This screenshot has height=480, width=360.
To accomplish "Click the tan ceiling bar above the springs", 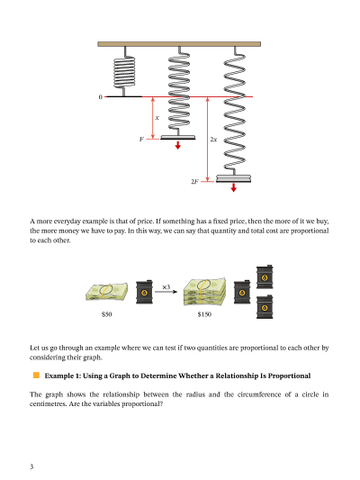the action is tap(179, 44).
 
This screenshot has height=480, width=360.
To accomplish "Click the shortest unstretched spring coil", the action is tap(124, 71).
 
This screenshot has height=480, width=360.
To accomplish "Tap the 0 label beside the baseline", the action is tap(100, 97).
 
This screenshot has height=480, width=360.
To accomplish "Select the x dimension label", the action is tap(157, 118).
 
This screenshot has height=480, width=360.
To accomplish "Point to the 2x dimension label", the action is tap(213, 140).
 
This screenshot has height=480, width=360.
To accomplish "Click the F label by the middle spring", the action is tap(141, 139).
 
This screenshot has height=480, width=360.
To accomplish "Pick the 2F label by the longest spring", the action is tap(194, 182).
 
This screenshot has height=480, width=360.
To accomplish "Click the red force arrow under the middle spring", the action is tap(177, 145).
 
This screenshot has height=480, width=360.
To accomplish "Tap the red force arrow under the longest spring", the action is tap(234, 187).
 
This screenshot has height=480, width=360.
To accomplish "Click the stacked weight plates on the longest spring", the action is tap(233, 178).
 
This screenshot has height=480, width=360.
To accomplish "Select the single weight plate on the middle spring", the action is tap(177, 137).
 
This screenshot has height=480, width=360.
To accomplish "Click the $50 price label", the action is tap(107, 314).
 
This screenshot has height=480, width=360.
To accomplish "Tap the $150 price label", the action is tap(204, 314).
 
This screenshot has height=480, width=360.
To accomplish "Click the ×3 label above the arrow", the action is tap(166, 287).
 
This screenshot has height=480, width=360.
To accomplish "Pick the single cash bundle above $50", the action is tap(106, 291).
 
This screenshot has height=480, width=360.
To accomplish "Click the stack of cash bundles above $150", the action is tap(204, 292).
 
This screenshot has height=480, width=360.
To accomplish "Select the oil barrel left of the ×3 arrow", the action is tap(144, 292).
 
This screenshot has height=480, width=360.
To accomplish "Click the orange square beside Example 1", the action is tap(36, 375).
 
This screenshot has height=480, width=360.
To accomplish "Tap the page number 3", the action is tap(31, 466).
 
